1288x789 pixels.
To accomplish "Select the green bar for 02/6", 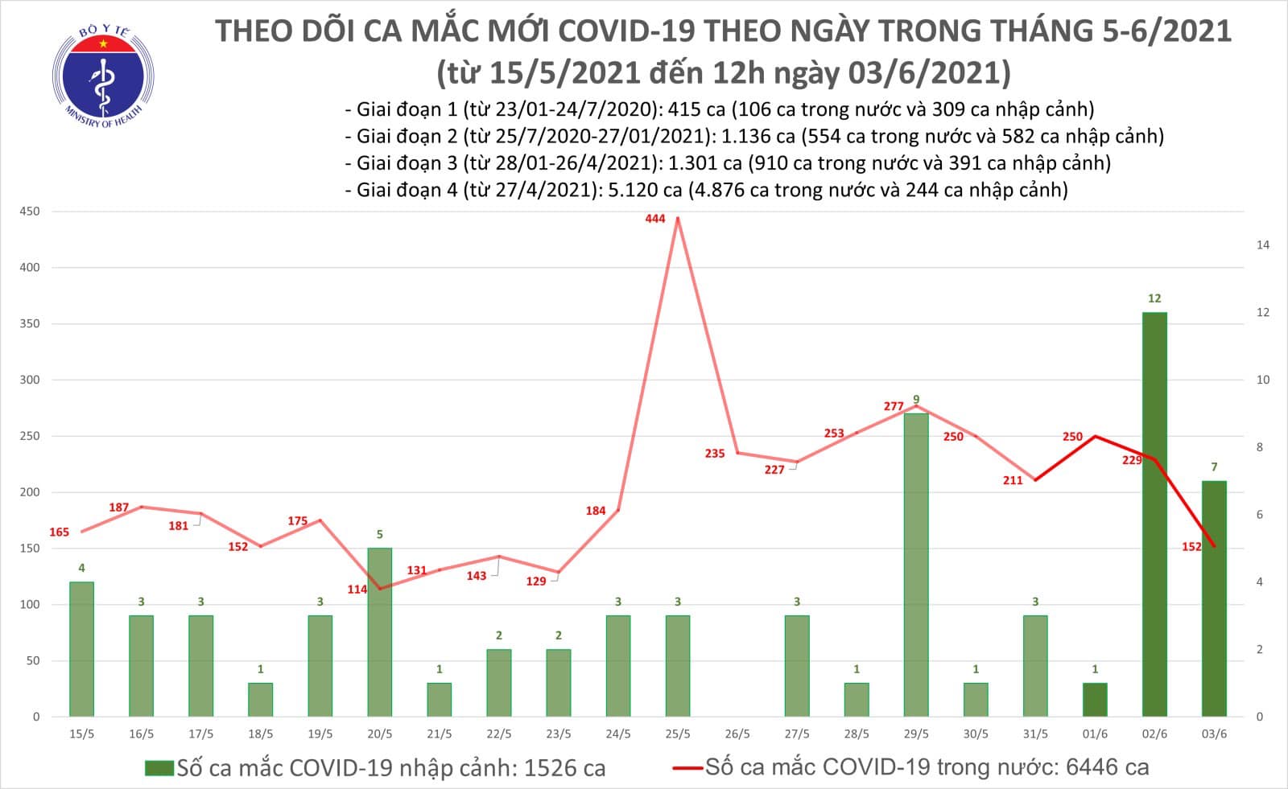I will click(x=1154, y=515).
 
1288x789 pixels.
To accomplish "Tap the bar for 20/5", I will click(x=380, y=632).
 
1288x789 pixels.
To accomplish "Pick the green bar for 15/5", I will click(x=81, y=649).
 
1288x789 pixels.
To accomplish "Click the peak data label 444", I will click(x=655, y=219).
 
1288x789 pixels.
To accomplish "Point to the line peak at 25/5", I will click(x=678, y=218).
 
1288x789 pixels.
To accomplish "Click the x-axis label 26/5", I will click(x=737, y=734).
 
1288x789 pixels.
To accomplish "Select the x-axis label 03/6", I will click(x=1214, y=734).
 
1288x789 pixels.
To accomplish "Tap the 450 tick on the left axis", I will click(x=30, y=212).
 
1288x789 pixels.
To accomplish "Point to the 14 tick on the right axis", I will click(x=1263, y=245).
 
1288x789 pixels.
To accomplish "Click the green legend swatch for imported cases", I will click(x=159, y=768).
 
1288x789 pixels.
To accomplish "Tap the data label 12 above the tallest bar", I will click(x=1154, y=298).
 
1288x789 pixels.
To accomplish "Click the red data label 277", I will click(x=894, y=406).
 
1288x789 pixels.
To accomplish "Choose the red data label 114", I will click(x=357, y=590).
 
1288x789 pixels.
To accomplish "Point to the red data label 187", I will click(x=119, y=508).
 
